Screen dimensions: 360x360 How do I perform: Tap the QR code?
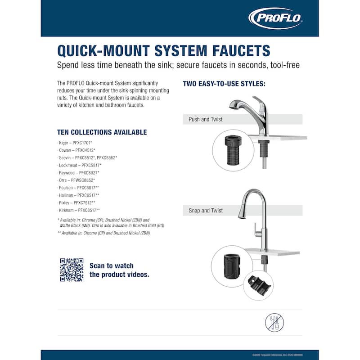(72, 270)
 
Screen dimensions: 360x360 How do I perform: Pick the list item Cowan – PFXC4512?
(77, 150)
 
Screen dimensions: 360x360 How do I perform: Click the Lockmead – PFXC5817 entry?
(80, 165)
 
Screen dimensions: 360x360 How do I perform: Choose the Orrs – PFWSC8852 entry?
(76, 180)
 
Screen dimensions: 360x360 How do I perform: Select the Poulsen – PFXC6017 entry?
(79, 188)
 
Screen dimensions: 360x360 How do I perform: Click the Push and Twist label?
(206, 119)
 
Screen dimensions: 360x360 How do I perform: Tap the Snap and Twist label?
(206, 211)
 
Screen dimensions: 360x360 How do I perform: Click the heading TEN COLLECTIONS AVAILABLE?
(102, 132)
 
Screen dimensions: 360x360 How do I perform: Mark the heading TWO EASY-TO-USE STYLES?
(224, 84)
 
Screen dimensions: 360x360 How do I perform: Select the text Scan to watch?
(112, 265)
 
